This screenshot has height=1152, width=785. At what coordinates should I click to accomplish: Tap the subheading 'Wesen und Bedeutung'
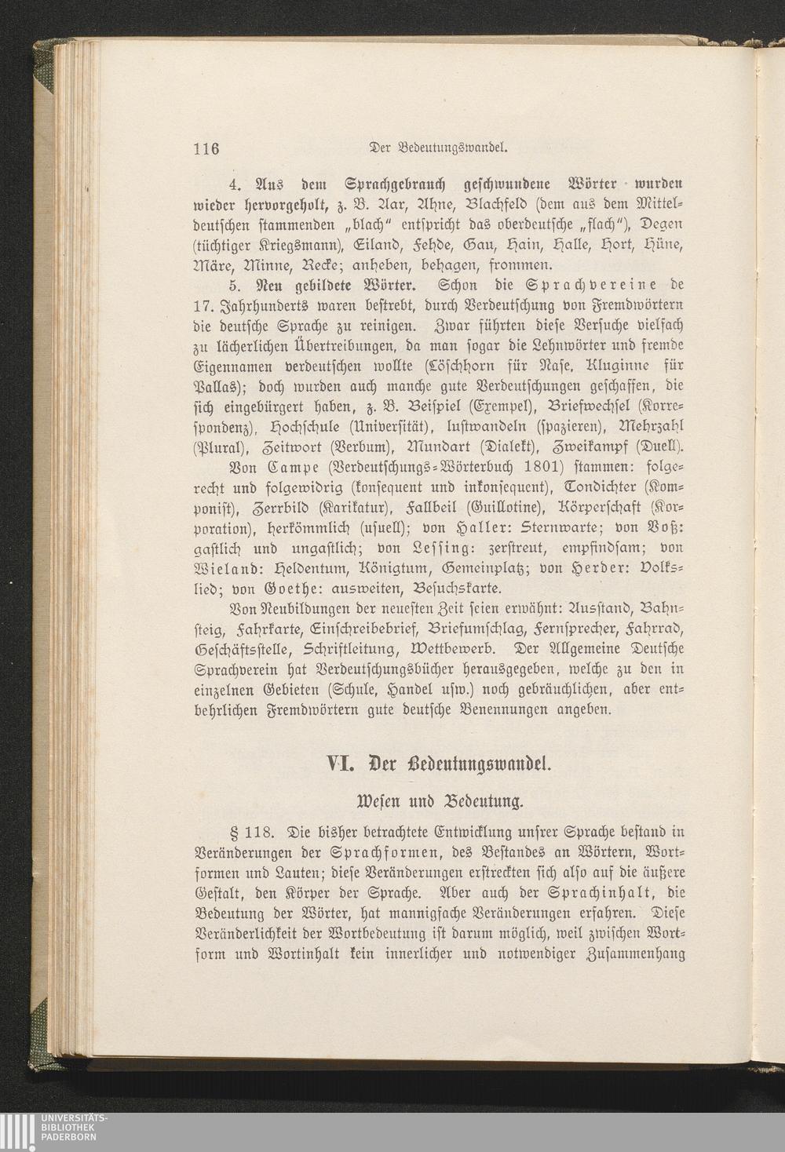(440, 802)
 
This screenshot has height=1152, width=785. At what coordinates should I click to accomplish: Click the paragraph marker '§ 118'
(249, 833)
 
